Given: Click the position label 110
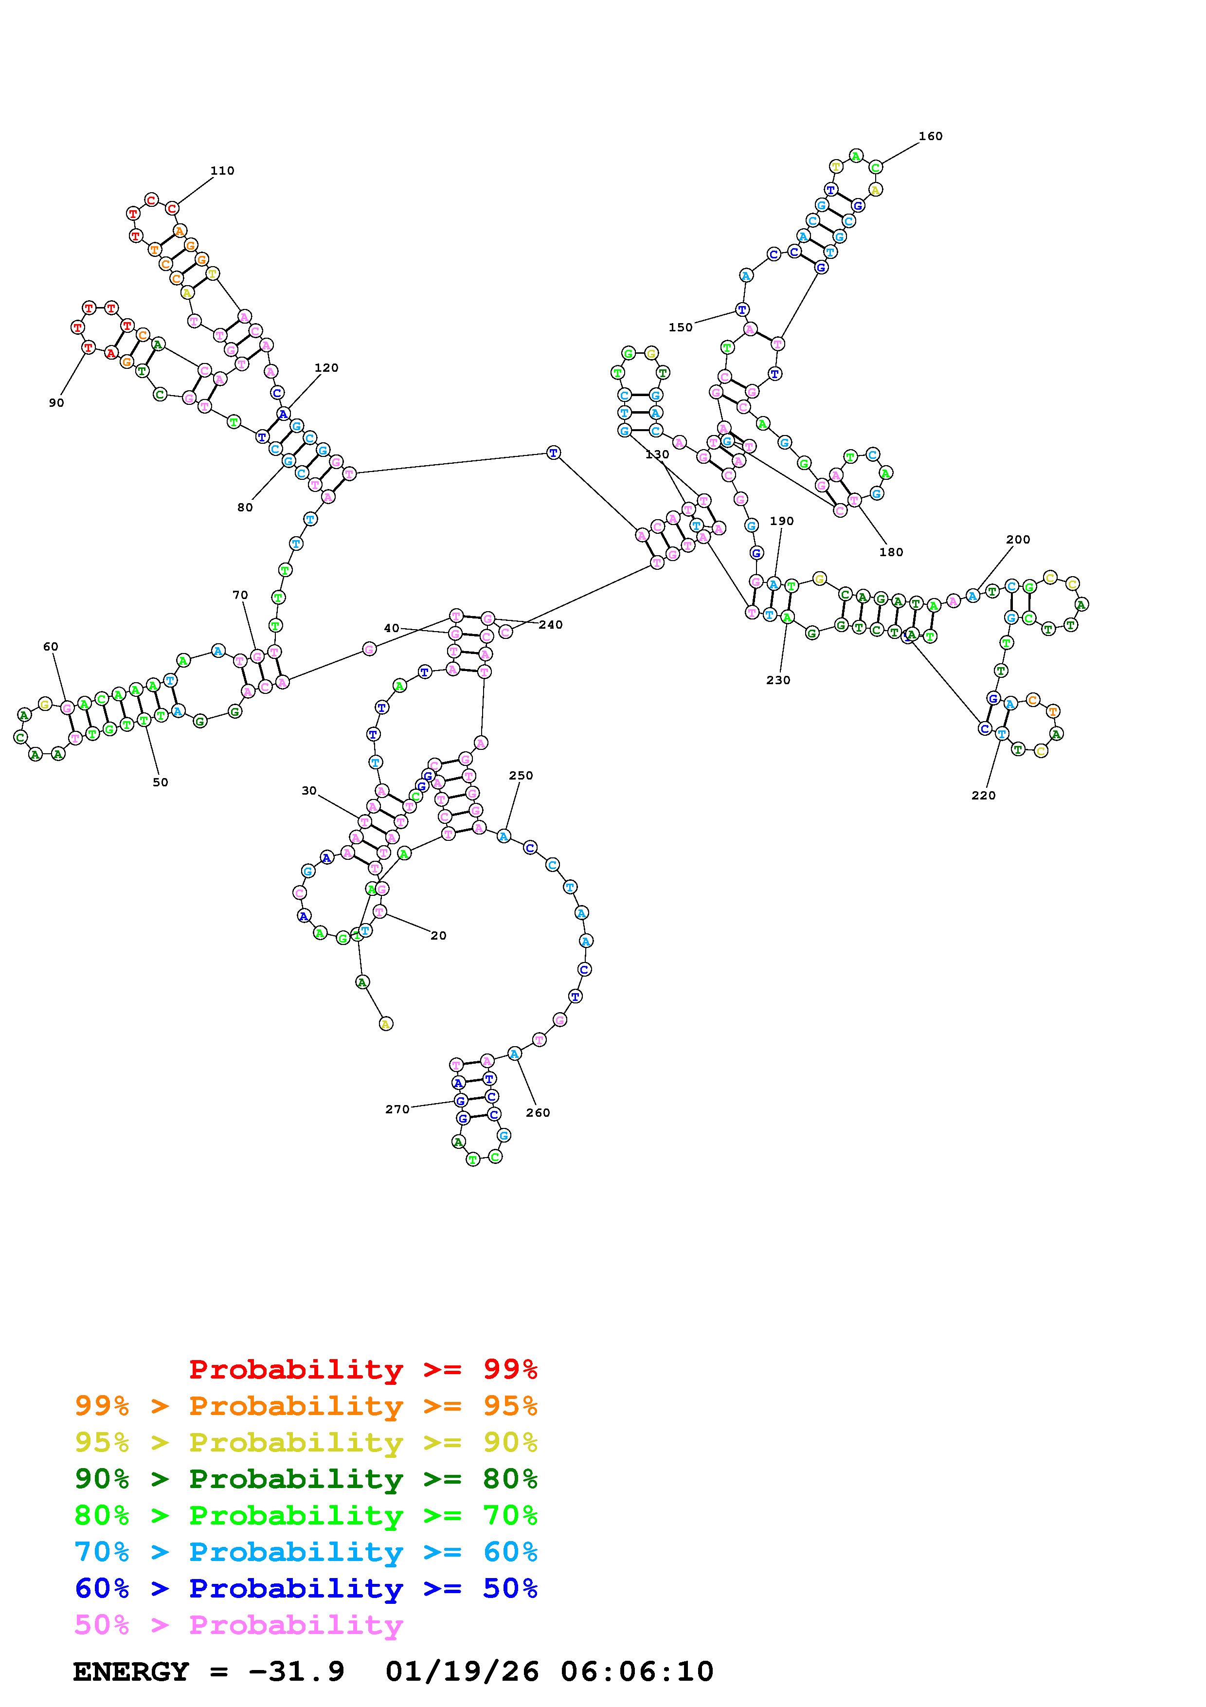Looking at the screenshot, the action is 222,171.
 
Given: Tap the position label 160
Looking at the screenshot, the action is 930,136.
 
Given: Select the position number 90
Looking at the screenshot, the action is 56,403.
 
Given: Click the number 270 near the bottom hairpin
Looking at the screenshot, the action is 397,1109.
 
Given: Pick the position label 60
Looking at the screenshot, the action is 51,647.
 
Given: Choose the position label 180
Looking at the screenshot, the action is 890,552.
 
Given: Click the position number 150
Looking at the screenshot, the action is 680,327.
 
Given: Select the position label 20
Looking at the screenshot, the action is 438,935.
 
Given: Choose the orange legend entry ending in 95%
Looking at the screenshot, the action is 306,1406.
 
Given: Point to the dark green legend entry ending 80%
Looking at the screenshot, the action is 306,1479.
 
